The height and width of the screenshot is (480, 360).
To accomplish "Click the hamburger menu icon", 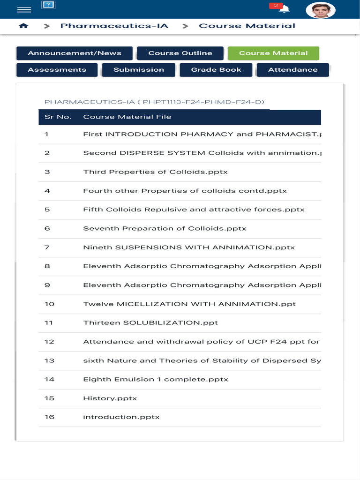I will point(24,10).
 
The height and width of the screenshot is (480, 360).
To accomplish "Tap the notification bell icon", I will point(284,9).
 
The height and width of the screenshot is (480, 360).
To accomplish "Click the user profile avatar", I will point(321,10).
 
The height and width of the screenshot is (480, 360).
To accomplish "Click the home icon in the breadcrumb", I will point(23,26).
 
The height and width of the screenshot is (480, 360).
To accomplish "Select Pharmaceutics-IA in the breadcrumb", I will point(114,26).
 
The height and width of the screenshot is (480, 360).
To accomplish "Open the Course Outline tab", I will point(180,53).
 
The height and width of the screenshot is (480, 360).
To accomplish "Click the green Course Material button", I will point(273,53).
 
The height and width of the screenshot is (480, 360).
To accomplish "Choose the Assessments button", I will point(57,70).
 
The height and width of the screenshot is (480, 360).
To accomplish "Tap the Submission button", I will point(139,70).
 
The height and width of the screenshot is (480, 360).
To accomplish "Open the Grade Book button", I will point(216,70).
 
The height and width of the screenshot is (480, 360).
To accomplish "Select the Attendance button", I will point(292,70).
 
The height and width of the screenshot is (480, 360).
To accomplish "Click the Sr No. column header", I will point(58,117).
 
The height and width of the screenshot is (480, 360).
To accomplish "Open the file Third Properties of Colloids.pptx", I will point(155,172).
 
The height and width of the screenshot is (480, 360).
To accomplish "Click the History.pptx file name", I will point(110,398).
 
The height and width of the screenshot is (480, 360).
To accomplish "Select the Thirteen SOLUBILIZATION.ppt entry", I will point(150,323).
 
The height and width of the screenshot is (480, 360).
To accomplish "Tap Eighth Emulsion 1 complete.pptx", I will point(156,379).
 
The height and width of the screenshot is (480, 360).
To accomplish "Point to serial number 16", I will point(49,417).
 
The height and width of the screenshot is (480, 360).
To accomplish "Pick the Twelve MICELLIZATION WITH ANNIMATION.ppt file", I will point(189,304).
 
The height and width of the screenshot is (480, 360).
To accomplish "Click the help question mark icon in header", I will point(48,5).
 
